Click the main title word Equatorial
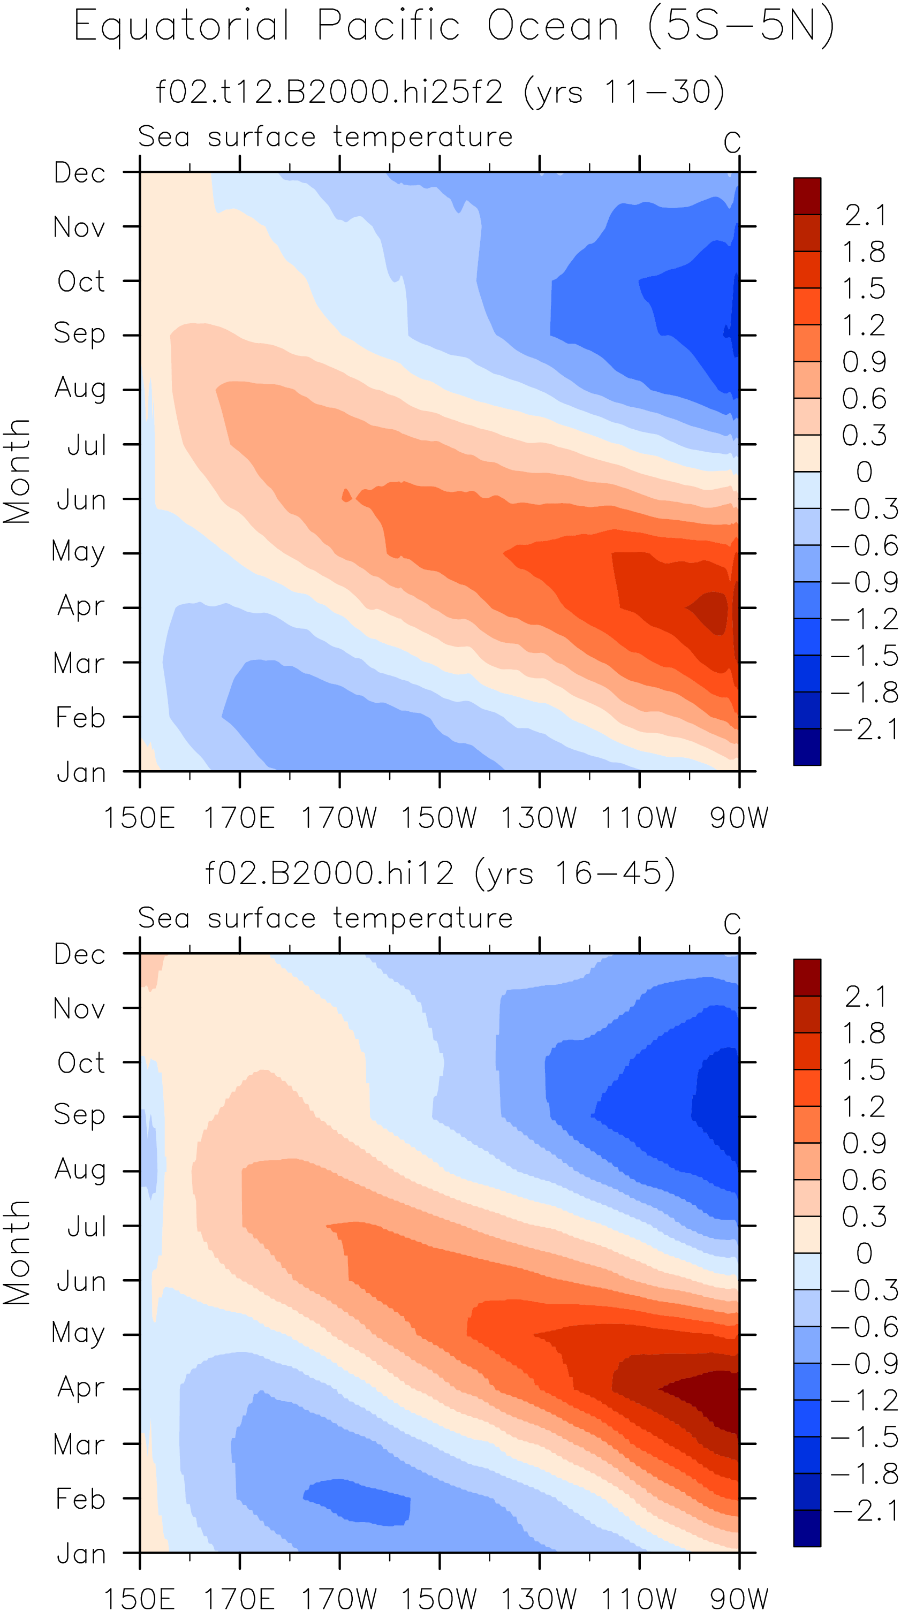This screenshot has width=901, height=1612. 181,26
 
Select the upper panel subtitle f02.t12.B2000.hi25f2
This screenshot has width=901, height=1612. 329,92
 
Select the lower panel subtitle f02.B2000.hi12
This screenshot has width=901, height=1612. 329,873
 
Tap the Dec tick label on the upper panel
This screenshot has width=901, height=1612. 80,173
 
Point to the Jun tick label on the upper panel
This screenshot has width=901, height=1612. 81,500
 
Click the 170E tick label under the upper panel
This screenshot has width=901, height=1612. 239,818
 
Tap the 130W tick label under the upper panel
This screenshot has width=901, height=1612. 539,818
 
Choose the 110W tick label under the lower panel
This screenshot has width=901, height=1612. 639,1599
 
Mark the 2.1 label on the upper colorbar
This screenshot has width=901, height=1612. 865,216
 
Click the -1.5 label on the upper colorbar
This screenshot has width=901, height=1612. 865,656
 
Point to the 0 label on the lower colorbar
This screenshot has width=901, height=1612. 864,1253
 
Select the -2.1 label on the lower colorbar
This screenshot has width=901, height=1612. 865,1511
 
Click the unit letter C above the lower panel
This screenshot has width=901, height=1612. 732,924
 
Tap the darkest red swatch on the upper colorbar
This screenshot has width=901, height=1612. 807,196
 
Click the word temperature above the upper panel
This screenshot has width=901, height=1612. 423,137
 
